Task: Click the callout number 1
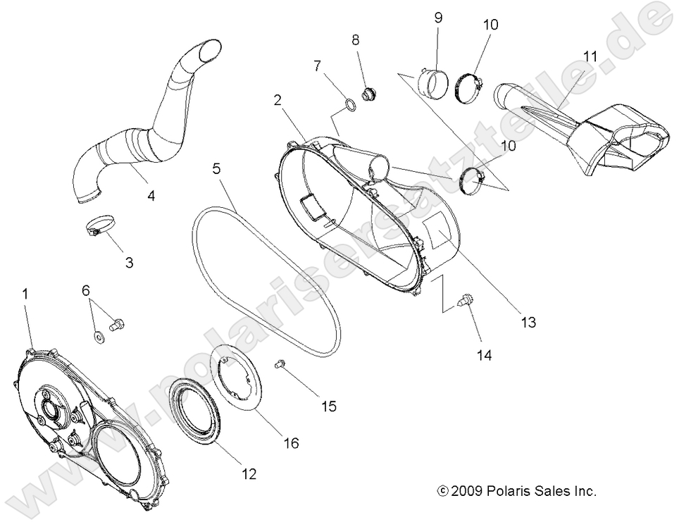[25, 294]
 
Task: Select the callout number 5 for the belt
[217, 169]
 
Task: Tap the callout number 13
[528, 323]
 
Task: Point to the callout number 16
[291, 443]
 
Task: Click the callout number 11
[590, 56]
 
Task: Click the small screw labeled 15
[280, 364]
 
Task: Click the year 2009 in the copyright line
[465, 491]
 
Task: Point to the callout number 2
[279, 100]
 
